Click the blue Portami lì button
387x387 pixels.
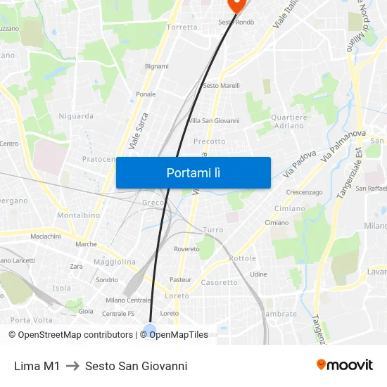click(193, 172)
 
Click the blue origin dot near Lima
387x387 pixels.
click(149, 329)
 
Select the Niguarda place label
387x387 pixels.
click(76, 116)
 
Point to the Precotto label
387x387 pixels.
click(210, 141)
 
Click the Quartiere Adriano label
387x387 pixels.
click(288, 121)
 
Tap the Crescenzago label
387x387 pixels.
click(304, 192)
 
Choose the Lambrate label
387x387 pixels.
click(279, 314)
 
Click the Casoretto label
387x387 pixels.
click(220, 282)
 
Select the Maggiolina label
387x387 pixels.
click(114, 262)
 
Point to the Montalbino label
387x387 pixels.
click(78, 215)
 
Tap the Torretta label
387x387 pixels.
click(182, 27)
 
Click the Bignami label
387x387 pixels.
click(157, 66)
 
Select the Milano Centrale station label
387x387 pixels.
click(129, 300)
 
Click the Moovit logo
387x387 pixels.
click(345, 364)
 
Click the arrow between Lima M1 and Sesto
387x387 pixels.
click(72, 366)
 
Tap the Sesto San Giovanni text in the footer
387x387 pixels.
click(136, 366)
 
